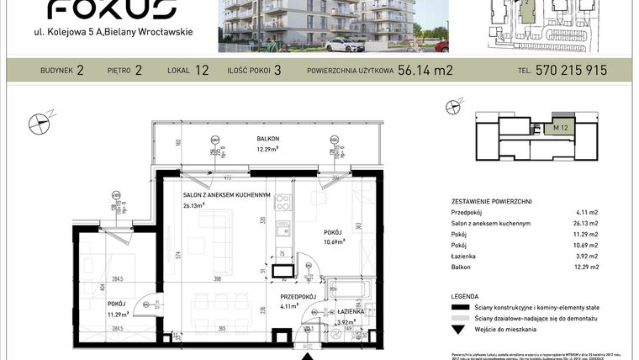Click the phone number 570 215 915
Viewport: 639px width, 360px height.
[x=571, y=71]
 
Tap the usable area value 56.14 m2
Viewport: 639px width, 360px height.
[x=425, y=71]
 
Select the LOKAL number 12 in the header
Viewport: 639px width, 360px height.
[x=202, y=71]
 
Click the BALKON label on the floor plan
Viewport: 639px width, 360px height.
[x=268, y=138]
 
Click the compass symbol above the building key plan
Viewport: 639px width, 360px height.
[x=455, y=106]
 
